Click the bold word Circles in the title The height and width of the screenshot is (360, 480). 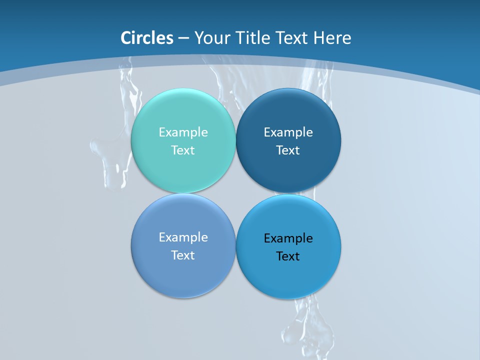coord(146,38)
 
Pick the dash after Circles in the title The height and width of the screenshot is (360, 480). coord(183,38)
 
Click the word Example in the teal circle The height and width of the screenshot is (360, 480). coord(183,132)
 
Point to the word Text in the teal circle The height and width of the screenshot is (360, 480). coord(183,150)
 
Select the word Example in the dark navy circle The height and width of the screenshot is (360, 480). coord(288,132)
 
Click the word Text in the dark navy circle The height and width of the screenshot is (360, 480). coord(288,150)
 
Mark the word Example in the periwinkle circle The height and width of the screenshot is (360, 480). coord(183,237)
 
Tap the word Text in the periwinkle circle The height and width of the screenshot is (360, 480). coord(183,255)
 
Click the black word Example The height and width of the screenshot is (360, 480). coord(288,238)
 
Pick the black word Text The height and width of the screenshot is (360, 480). coord(288,256)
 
